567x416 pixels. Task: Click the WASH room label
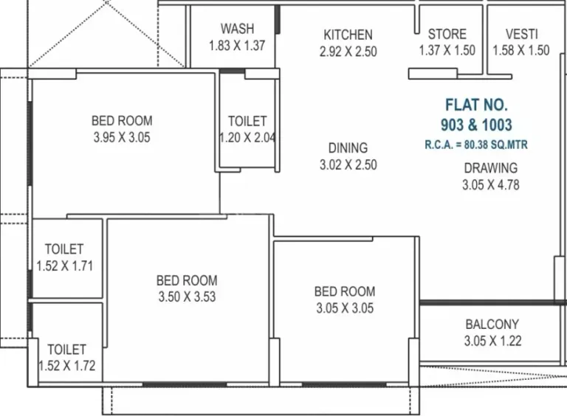(x=237, y=29)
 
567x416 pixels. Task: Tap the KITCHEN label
(x=348, y=35)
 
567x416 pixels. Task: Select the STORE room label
(x=447, y=34)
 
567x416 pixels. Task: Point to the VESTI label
(x=521, y=34)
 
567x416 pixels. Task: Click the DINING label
(x=348, y=148)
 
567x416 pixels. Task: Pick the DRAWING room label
(x=491, y=168)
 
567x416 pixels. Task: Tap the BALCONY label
(x=492, y=325)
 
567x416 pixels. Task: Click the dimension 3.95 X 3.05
(x=122, y=137)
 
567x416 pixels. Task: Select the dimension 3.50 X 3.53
(x=187, y=297)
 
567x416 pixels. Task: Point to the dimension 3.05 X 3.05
(x=345, y=308)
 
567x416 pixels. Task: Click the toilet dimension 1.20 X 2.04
(x=247, y=138)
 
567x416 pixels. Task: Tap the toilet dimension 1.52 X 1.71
(x=65, y=266)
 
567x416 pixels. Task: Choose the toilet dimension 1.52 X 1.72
(x=67, y=366)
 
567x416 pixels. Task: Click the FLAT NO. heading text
(x=477, y=105)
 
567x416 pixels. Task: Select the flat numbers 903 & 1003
(x=476, y=125)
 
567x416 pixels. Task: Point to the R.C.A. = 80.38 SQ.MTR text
(x=476, y=145)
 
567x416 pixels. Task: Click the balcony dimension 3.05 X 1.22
(x=493, y=341)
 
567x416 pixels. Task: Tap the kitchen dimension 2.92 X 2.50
(x=348, y=52)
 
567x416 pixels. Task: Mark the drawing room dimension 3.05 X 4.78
(x=491, y=185)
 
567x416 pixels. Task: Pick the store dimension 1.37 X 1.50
(x=447, y=50)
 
